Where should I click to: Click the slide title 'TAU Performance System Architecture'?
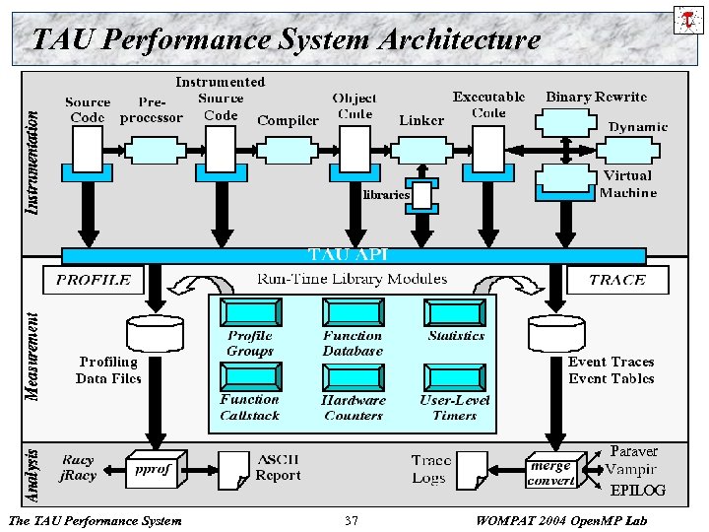(286, 39)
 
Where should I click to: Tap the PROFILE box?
(94, 280)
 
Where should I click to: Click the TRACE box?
(617, 280)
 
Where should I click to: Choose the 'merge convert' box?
(551, 473)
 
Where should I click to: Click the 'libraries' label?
(385, 195)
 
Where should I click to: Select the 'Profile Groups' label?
(250, 344)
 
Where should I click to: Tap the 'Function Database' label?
(353, 344)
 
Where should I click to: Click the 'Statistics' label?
(456, 336)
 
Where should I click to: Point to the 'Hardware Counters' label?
(353, 408)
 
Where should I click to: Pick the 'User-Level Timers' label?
(455, 408)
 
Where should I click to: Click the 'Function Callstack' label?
(249, 407)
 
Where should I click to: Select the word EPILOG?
(637, 490)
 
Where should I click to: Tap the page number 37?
(352, 520)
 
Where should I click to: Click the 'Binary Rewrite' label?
(597, 97)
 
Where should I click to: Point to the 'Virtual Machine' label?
(627, 184)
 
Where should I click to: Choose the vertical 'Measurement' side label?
(32, 357)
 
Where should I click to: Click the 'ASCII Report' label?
(279, 467)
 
